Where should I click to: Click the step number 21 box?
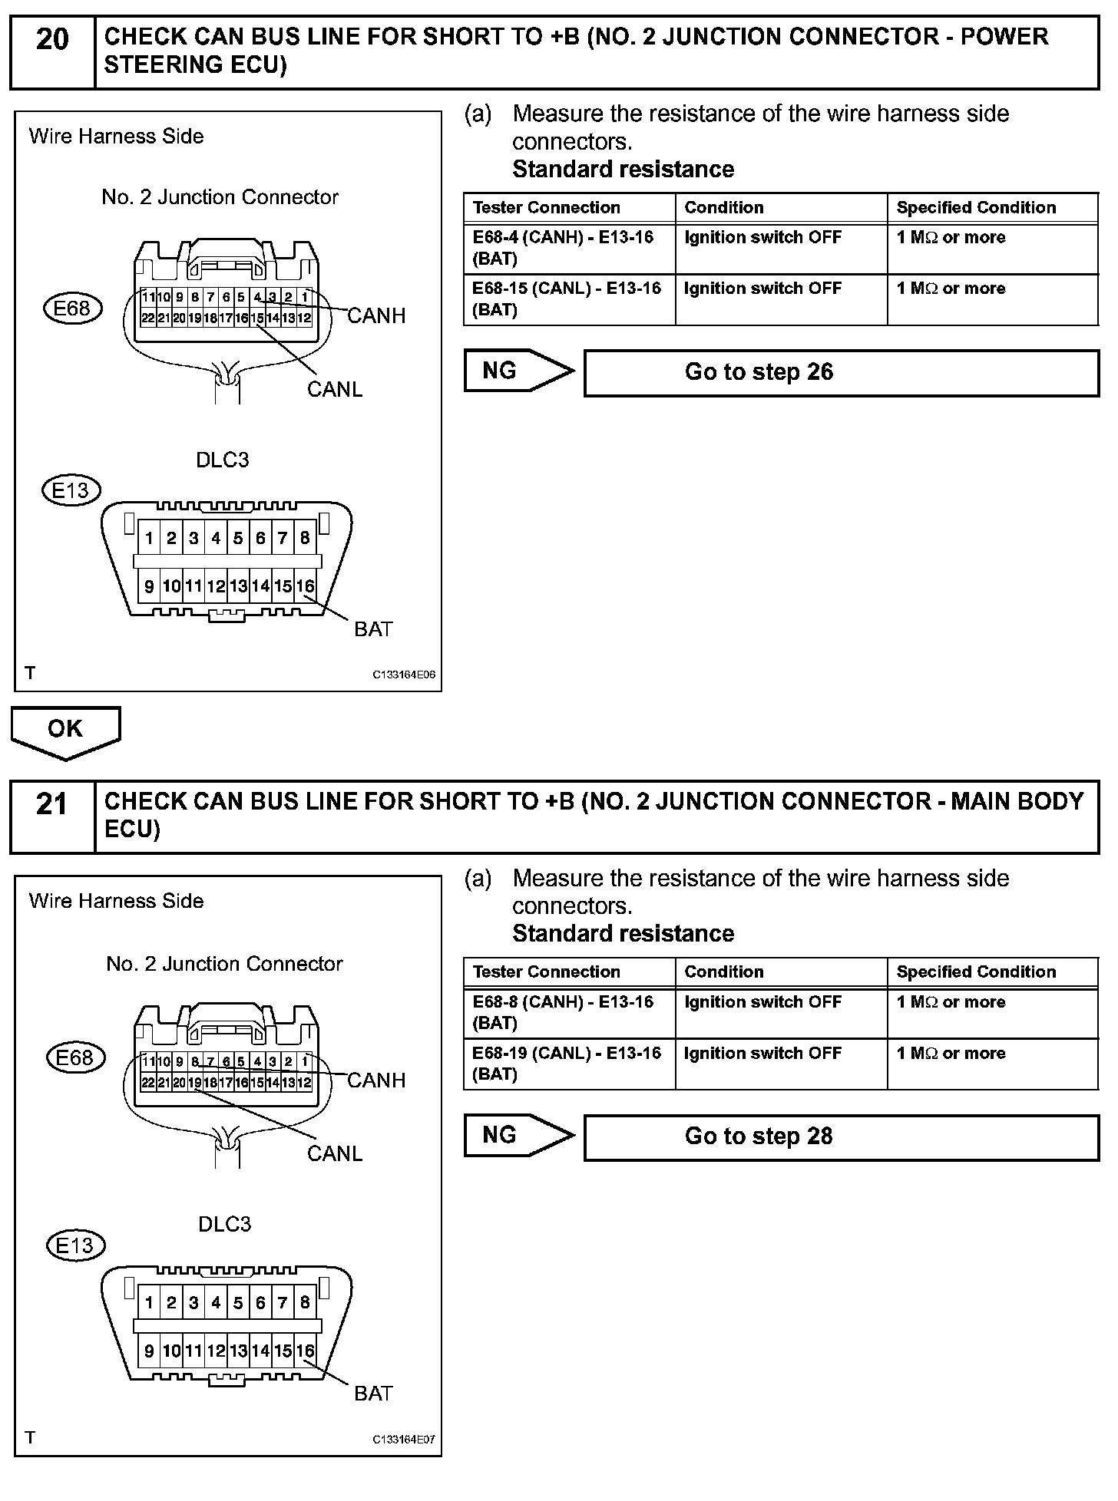coord(51,815)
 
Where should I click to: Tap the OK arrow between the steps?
coord(65,731)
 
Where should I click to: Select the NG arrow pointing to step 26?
coord(518,371)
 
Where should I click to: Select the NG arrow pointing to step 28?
coord(518,1136)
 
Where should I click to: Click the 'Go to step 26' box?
coord(841,373)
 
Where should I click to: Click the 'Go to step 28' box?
coord(841,1137)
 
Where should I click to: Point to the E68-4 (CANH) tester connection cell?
coord(568,248)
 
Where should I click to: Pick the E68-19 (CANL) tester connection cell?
coord(568,1064)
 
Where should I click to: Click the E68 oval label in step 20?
coord(71,309)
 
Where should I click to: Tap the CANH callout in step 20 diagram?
coord(376,315)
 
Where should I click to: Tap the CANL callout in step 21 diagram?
coord(335,1153)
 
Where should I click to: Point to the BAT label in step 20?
coord(373,629)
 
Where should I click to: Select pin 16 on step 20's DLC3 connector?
coord(306,587)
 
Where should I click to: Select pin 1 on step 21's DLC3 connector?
coord(149,1303)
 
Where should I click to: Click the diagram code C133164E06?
coord(404,675)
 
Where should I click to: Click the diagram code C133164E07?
coord(404,1440)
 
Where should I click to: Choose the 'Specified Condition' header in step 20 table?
coord(976,207)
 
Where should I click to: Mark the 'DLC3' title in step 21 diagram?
coord(224,1224)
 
